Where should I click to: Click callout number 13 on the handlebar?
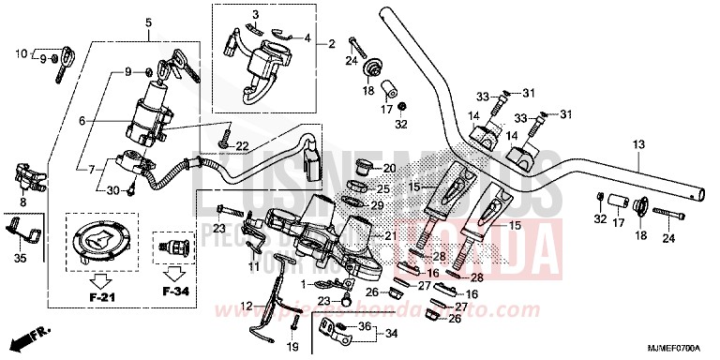[x=637, y=144]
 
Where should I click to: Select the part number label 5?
[x=148, y=22]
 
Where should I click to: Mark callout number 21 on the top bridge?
[x=391, y=235]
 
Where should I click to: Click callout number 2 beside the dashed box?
[x=331, y=43]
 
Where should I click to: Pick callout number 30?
[x=112, y=191]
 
